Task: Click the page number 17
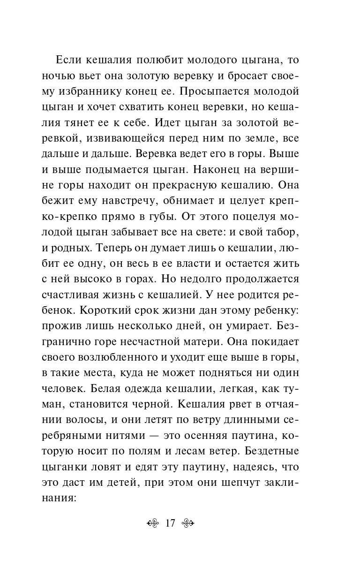[x=170, y=524]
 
